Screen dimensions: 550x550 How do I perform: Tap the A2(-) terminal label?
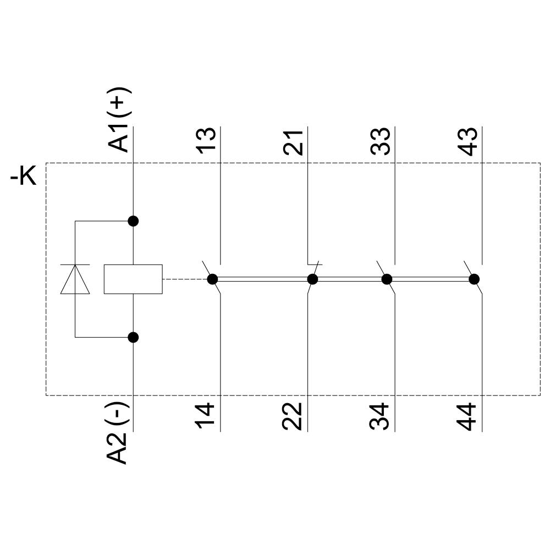119,433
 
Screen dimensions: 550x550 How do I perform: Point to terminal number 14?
206,417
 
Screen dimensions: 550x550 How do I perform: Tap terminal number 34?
380,417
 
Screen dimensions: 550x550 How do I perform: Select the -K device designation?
24,178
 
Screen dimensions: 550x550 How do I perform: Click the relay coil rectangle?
133,279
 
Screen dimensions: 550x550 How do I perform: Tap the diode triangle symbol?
75,279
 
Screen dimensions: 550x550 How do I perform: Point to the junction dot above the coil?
133,221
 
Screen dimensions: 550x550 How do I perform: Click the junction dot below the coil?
133,337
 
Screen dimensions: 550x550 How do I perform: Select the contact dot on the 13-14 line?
212,279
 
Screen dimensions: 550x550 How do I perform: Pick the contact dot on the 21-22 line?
312,279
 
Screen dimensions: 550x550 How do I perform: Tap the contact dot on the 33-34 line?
387,279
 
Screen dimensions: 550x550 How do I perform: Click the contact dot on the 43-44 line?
474,279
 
